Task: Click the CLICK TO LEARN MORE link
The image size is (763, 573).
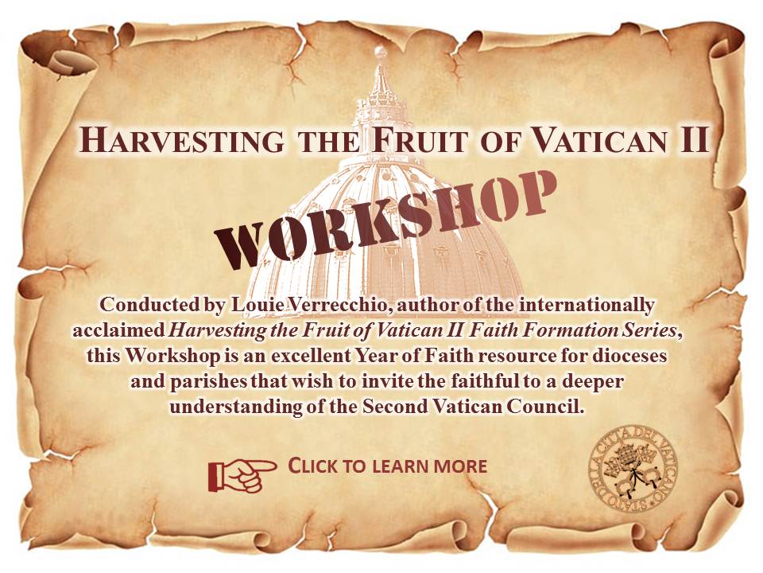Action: pos(387,466)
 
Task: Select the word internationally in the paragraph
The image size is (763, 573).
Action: pos(587,306)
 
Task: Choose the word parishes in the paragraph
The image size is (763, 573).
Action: pos(209,381)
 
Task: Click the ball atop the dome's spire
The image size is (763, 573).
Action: pos(381,50)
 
